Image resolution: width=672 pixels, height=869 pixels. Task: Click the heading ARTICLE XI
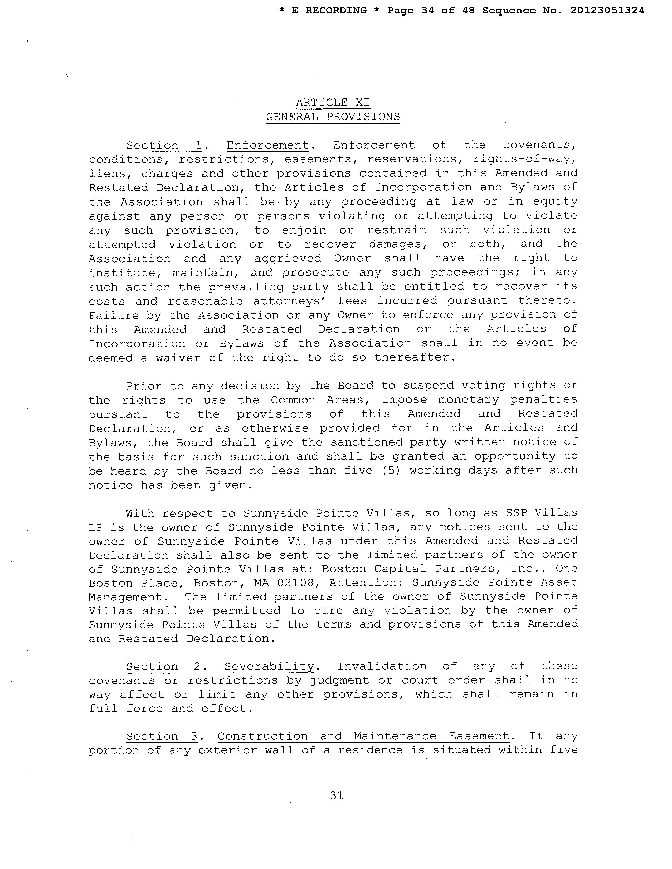click(333, 103)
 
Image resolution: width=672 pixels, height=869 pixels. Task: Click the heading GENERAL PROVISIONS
click(333, 117)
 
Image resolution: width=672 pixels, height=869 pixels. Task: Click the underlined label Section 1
click(164, 146)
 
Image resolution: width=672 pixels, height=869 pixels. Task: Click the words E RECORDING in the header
click(329, 11)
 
